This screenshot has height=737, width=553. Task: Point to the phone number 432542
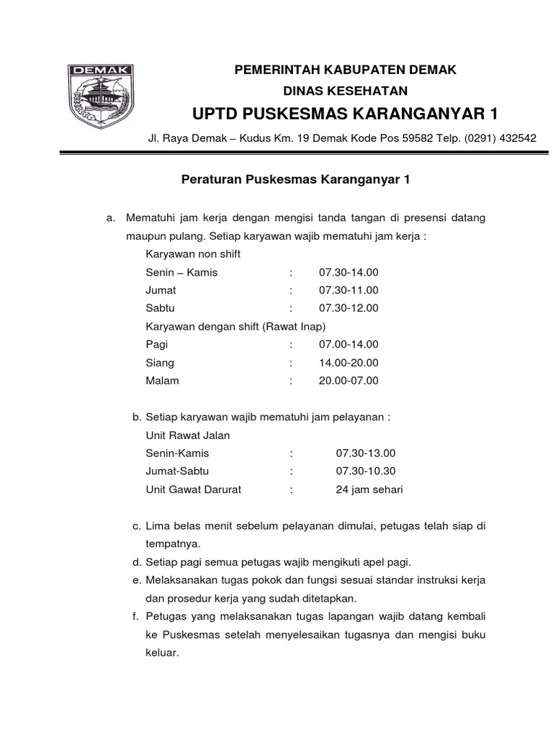[516, 138]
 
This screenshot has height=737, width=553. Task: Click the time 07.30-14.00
[348, 273]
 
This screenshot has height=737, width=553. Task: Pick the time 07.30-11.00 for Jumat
[348, 291]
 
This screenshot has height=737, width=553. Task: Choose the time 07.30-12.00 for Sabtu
[348, 309]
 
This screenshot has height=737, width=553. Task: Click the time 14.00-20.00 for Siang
[348, 363]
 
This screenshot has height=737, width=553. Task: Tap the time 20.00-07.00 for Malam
[348, 381]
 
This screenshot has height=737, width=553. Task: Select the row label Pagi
[156, 345]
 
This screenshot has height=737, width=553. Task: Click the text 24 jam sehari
[369, 489]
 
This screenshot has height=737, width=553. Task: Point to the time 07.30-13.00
[366, 453]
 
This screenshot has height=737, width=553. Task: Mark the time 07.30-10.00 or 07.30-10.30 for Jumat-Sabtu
[366, 471]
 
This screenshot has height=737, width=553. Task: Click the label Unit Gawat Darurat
[193, 489]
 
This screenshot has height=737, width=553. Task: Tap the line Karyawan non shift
[193, 255]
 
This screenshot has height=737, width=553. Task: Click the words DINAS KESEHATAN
[345, 91]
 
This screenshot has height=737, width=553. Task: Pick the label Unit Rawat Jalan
[187, 435]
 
